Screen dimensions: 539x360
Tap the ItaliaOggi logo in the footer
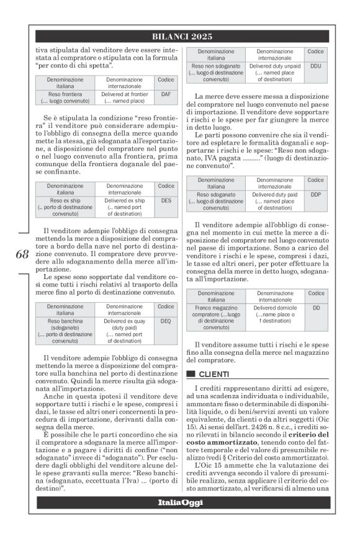click(180, 502)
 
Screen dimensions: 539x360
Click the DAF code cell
click(166, 94)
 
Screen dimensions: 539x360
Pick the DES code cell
click(166, 201)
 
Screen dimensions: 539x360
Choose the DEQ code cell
click(166, 322)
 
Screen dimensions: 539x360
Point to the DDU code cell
click(316, 65)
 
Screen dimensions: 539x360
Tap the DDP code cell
click(316, 194)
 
